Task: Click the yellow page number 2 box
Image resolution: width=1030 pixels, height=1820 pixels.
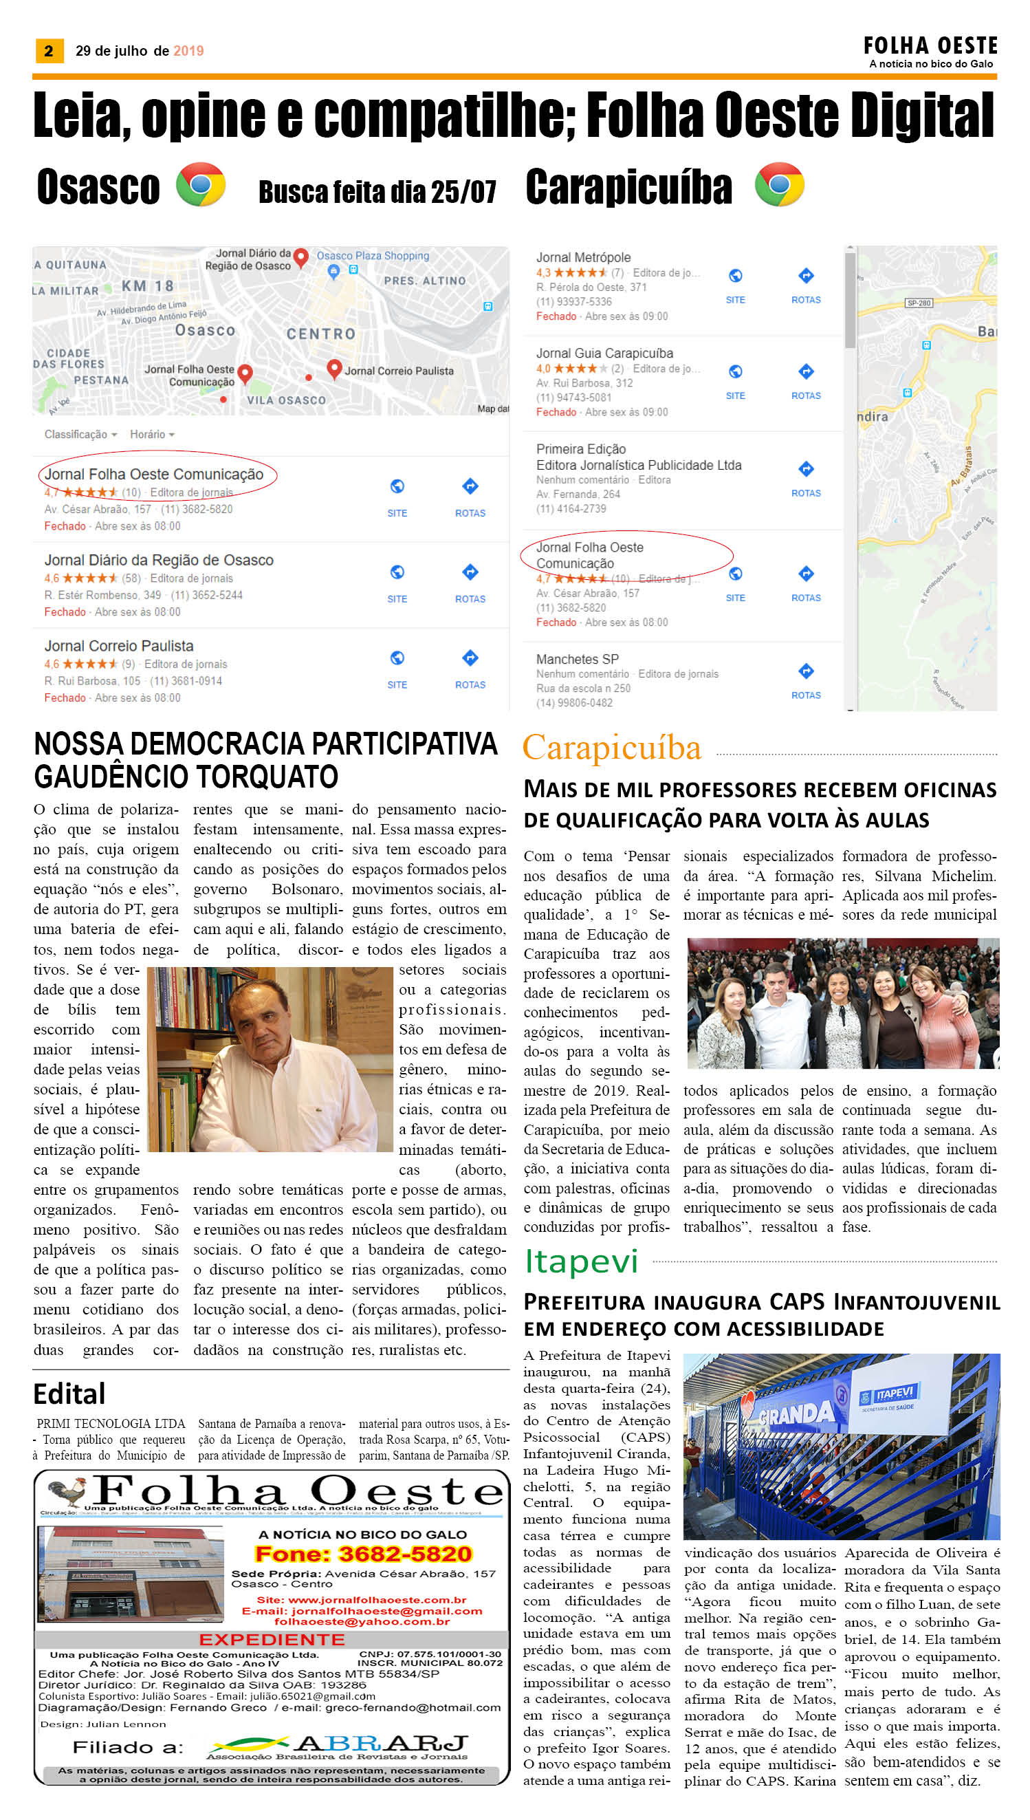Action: (49, 51)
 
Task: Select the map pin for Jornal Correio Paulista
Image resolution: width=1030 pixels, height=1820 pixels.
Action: (335, 368)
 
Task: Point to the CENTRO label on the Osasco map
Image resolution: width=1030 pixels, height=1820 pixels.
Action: (320, 334)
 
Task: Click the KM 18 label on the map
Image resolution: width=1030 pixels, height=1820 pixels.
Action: (147, 286)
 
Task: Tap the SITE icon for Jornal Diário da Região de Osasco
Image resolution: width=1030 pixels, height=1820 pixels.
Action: (397, 572)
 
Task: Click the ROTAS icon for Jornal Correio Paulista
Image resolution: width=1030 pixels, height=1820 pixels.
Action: (470, 659)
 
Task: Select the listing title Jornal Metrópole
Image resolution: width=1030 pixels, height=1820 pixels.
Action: (583, 257)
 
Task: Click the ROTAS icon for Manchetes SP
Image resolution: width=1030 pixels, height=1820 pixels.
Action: (806, 671)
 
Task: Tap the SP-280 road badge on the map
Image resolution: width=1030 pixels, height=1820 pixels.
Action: (918, 303)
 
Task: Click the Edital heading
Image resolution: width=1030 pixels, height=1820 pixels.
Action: (69, 1394)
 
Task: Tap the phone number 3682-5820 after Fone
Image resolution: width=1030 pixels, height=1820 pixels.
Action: (404, 1554)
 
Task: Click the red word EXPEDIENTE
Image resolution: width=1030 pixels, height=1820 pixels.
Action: (272, 1640)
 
